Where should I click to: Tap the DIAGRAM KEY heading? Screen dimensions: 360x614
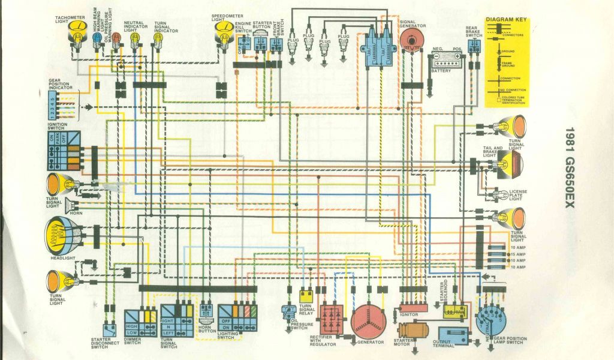tap(506, 20)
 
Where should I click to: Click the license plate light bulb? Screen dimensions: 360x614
tap(497, 196)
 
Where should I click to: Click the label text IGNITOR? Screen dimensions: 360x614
tap(408, 314)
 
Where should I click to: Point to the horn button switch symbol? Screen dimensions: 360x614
tap(206, 312)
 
